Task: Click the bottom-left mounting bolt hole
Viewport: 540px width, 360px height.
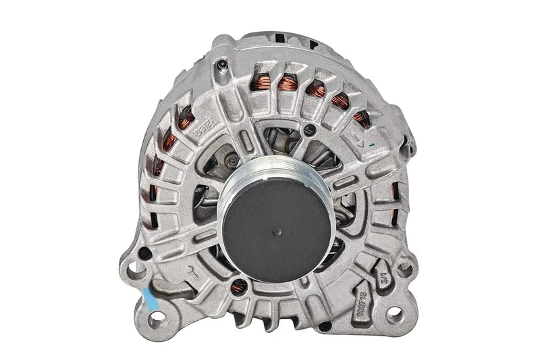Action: tap(157, 317)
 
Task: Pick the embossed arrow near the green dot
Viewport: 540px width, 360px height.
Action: tap(358, 136)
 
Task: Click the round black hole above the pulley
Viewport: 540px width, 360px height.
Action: tap(310, 130)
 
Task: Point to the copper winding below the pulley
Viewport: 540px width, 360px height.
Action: tap(238, 286)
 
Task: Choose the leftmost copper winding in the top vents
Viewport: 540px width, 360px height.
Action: tap(261, 83)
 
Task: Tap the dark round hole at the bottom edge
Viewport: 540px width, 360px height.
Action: tap(325, 326)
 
